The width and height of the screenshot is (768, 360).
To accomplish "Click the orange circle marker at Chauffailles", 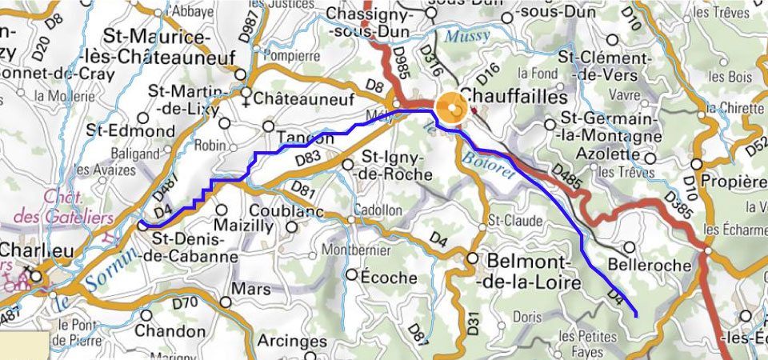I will tap(450, 109).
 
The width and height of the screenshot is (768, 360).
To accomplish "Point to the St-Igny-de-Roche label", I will tap(397, 163).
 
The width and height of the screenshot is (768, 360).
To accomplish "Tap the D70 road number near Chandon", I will tap(185, 302).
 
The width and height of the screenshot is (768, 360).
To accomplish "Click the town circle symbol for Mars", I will tap(226, 302).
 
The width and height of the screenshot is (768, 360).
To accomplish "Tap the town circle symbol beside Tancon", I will tap(269, 126).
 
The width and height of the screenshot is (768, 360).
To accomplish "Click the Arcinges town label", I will tap(294, 342).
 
